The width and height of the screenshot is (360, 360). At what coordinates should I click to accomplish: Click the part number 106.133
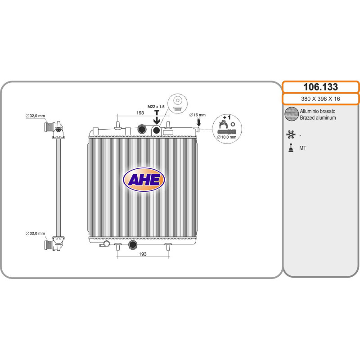[x=320, y=87]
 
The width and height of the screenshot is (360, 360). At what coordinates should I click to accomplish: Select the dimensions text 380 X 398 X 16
[x=320, y=99]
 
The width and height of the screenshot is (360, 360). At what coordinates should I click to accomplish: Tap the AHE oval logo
[x=144, y=180]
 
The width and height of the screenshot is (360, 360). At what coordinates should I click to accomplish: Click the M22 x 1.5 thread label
[x=157, y=106]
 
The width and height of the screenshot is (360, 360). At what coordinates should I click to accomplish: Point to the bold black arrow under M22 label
[x=157, y=117]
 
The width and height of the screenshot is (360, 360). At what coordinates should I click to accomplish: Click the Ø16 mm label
[x=197, y=115]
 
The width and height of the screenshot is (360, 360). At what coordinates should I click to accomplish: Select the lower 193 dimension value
[x=142, y=254]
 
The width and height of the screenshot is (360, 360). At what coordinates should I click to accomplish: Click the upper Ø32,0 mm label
[x=35, y=116]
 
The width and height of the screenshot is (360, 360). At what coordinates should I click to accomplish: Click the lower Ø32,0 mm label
[x=35, y=234]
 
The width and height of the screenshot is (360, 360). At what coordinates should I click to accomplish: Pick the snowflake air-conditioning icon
[x=290, y=134]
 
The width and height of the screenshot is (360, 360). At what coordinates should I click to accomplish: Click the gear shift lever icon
[x=291, y=147]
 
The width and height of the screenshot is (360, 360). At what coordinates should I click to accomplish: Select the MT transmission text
[x=303, y=148]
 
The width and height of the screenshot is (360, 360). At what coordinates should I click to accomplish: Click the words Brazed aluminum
[x=318, y=117]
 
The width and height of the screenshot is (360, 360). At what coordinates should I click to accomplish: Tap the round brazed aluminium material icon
[x=292, y=114]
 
